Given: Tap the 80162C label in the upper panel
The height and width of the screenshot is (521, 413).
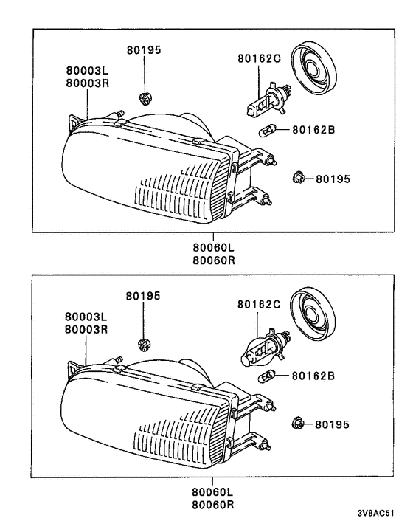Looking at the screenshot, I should click(259, 58).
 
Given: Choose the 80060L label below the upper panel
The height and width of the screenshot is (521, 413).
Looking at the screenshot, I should click(213, 249).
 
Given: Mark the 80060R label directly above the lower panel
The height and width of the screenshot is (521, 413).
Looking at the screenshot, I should click(213, 260).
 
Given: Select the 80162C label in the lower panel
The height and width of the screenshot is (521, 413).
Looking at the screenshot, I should click(259, 303).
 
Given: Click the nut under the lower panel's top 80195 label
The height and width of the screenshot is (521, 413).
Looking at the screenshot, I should click(145, 342).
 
